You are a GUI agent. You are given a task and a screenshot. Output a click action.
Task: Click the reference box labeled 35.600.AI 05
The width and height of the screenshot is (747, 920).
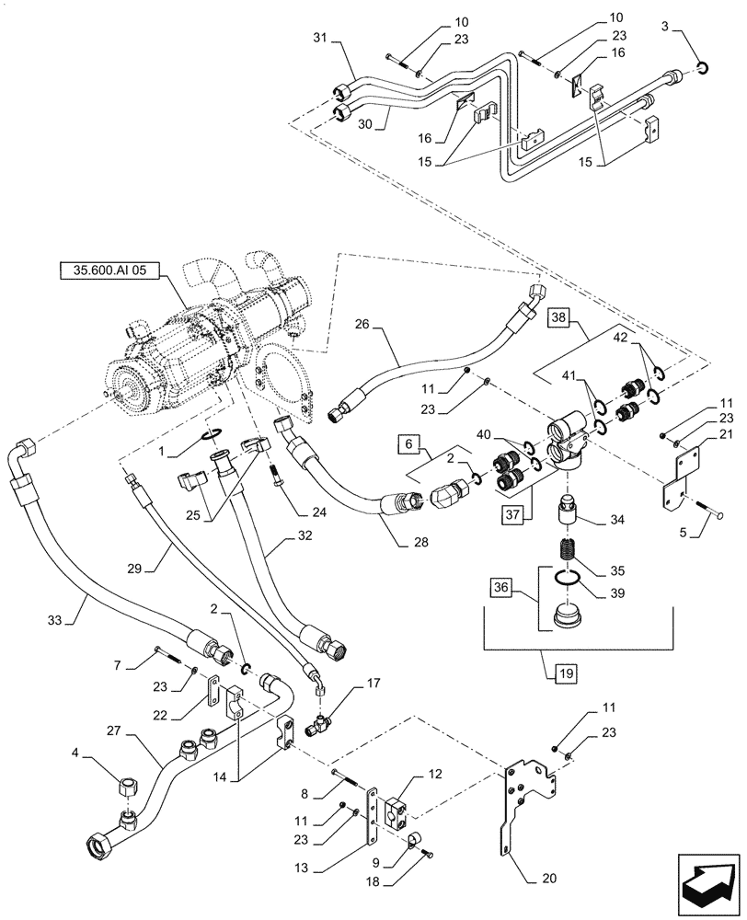click(108, 270)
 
